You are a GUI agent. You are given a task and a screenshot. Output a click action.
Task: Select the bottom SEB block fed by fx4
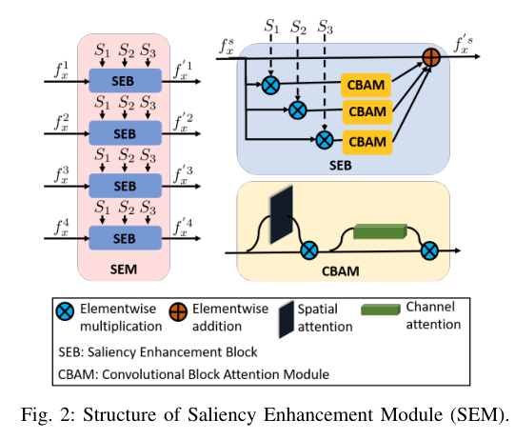coord(125,236)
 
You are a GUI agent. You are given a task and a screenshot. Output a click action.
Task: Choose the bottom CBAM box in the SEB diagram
coord(366,141)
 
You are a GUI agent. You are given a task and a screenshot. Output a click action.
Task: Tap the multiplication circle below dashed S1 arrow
coord(271,86)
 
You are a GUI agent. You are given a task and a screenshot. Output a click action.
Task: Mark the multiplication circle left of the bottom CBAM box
coord(324,141)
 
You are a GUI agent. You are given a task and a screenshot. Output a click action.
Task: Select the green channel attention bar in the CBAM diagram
coord(379,231)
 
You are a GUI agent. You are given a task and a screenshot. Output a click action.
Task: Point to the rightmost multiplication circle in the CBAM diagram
coord(430,251)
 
